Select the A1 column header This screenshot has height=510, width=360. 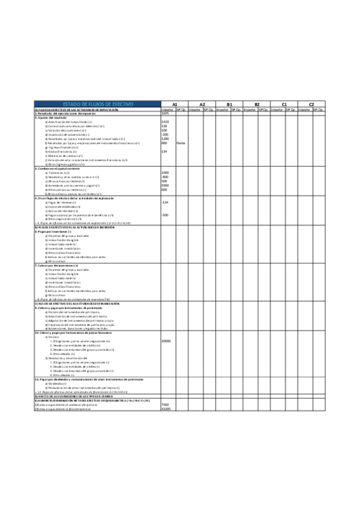click(174, 104)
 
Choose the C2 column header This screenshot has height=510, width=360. click(311, 104)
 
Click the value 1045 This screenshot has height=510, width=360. click(165, 114)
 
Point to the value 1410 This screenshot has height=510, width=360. click(165, 122)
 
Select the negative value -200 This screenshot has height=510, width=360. click(165, 134)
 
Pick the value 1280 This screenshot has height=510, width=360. click(165, 139)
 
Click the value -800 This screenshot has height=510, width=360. click(165, 176)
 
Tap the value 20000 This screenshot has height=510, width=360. click(166, 340)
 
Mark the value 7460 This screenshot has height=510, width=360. click(165, 405)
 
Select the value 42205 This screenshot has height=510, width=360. click(166, 409)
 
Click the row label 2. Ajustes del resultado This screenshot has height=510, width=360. click(55, 118)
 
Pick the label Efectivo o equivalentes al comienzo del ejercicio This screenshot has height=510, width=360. click(66, 405)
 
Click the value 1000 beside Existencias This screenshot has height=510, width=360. click(165, 172)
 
